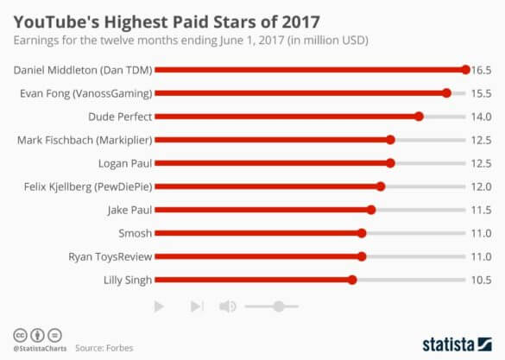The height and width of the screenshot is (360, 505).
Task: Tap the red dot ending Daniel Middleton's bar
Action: (465, 70)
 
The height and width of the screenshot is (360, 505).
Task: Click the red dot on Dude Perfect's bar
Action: (419, 117)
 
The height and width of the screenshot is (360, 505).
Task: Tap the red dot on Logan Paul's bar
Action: (390, 162)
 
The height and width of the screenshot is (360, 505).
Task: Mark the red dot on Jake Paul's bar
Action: (371, 209)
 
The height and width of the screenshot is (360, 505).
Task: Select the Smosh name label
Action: (136, 232)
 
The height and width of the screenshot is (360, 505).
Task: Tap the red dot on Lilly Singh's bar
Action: (352, 279)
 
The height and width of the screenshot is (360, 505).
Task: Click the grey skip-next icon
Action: (197, 306)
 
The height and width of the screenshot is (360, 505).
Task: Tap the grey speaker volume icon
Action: (228, 306)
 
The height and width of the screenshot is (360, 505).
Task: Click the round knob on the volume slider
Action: (278, 306)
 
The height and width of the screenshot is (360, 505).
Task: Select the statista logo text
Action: (457, 343)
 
